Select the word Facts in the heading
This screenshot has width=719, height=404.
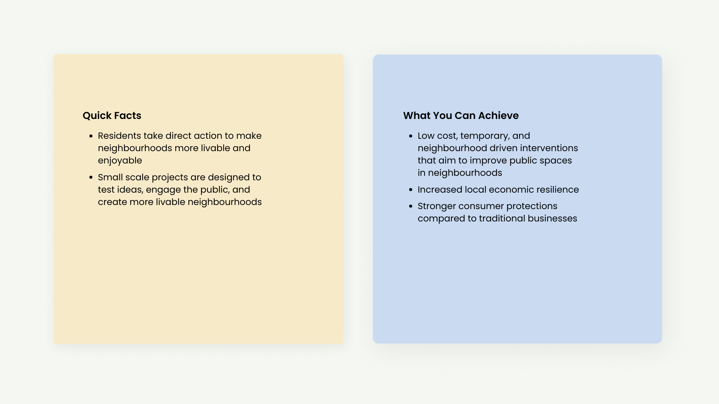127,116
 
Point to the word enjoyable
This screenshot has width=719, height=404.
120,161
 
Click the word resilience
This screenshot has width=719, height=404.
558,190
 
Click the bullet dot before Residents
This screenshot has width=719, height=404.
91,136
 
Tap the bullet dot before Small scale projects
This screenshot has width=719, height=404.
91,178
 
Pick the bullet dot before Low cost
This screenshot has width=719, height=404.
411,136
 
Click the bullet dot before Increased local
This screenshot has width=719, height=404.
411,190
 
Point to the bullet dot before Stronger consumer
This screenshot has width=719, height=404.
411,206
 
